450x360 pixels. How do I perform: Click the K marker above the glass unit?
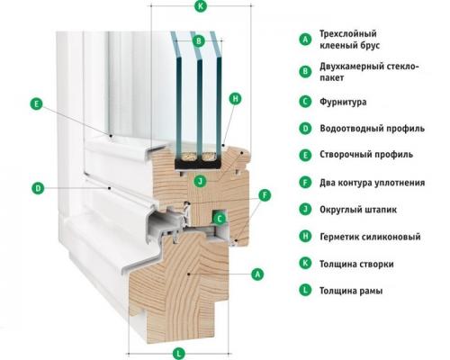(199, 8)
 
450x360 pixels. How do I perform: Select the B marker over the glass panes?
(199, 40)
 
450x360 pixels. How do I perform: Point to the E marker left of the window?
(36, 104)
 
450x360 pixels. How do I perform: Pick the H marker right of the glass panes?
(235, 97)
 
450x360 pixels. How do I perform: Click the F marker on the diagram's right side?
(264, 194)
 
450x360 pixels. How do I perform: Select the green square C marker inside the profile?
(220, 217)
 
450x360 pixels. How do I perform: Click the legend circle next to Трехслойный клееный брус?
(305, 39)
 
